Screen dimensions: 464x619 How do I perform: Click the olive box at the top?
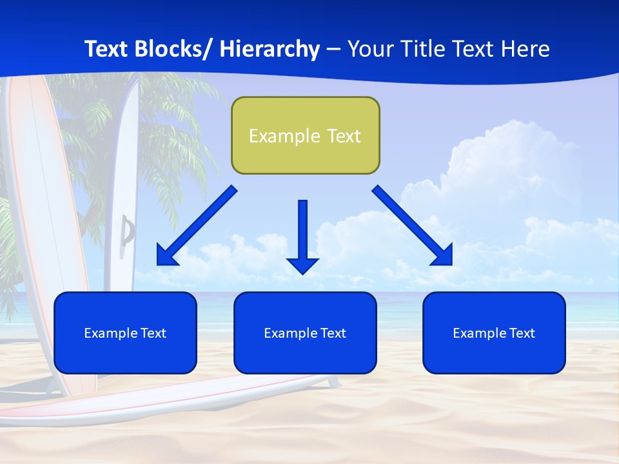[305, 135]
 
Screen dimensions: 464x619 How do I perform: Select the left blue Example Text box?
[125, 333]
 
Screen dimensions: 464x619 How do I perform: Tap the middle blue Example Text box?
[305, 333]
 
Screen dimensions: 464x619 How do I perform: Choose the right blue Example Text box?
[494, 333]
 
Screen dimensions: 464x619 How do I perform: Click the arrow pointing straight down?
[302, 235]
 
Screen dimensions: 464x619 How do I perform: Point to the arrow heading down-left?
[196, 226]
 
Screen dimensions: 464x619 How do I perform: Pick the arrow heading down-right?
[413, 226]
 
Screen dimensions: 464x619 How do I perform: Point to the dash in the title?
[333, 50]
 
